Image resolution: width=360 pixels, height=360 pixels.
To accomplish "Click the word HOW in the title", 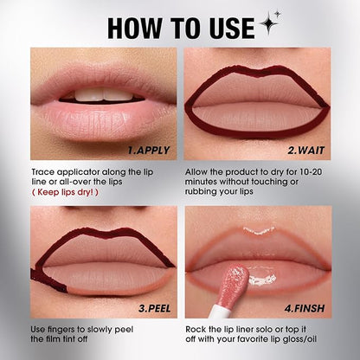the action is [135, 28].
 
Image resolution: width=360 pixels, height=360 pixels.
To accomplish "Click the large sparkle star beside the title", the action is [268, 23].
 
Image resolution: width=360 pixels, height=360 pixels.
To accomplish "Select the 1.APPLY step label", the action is [149, 151].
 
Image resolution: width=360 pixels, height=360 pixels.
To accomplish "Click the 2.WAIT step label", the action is [306, 151].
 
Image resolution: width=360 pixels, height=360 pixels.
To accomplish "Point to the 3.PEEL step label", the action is [155, 308].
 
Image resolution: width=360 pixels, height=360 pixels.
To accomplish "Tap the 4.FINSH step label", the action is [305, 308].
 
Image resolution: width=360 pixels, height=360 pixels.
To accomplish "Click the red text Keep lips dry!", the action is [65, 192].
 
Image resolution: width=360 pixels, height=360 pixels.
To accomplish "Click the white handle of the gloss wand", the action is [220, 310].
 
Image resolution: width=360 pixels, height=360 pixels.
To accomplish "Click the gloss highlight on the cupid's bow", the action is [259, 230].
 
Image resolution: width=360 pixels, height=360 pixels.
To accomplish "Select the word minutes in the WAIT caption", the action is [201, 182].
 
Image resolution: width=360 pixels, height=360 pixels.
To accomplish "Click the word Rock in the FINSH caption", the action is [195, 330].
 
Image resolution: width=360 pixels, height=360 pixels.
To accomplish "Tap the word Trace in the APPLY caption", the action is [43, 172].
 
